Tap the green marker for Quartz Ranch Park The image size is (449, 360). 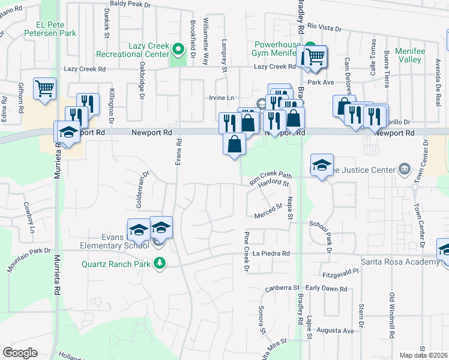click(x=159, y=263)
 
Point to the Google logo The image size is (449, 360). click(x=20, y=352)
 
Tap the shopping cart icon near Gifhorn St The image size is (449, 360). click(x=45, y=89)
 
